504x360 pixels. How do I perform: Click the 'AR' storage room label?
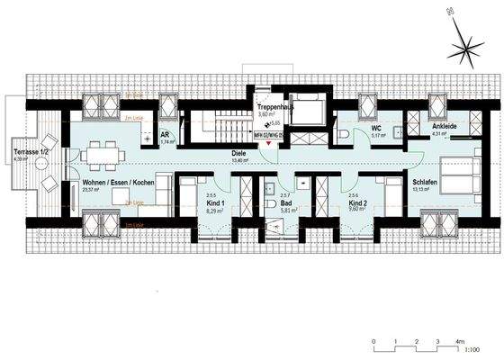tap(166, 134)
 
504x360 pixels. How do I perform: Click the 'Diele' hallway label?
tap(239, 154)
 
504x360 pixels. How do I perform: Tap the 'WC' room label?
tap(378, 128)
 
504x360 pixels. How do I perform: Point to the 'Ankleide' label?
tap(444, 127)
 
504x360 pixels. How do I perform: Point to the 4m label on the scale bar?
tap(458, 343)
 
